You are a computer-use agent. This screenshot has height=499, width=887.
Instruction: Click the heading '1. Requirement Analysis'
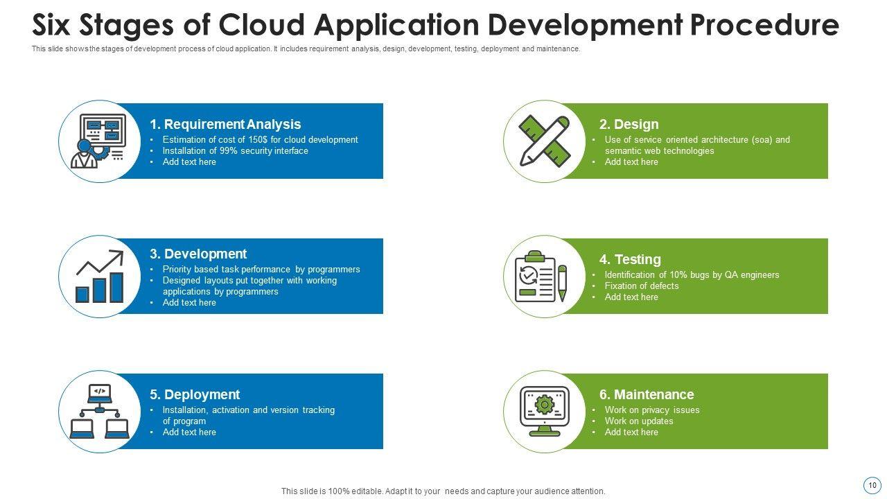[x=225, y=125]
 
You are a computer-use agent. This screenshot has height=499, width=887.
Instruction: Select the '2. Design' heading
[x=629, y=125]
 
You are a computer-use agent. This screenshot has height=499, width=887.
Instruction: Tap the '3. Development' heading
[x=198, y=254]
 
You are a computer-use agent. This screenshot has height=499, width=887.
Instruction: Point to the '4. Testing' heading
[x=630, y=260]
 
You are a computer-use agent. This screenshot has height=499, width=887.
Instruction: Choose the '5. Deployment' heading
[x=195, y=395]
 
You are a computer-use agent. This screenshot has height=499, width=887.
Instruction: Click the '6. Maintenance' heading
[x=647, y=395]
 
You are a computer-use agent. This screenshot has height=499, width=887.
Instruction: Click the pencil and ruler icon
[x=545, y=141]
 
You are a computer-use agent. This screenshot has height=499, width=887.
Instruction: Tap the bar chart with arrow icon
[x=100, y=277]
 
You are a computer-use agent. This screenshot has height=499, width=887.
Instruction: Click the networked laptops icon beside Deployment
[x=100, y=412]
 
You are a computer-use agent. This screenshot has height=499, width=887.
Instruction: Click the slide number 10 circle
[x=872, y=485]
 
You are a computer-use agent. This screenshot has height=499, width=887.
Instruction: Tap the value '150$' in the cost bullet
[x=258, y=140]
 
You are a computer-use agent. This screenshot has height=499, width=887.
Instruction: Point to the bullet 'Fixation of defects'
[x=642, y=286]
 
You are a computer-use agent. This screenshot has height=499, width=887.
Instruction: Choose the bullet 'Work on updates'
[x=639, y=421]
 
